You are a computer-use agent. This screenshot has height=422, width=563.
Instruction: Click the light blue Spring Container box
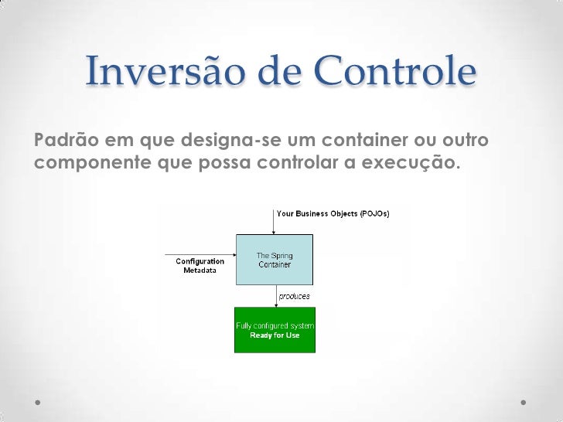[x=274, y=259]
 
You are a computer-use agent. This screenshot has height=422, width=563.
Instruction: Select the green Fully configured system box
[x=275, y=330]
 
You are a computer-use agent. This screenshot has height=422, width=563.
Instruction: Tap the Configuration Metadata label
[x=200, y=266]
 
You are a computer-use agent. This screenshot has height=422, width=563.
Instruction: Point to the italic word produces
[x=294, y=296]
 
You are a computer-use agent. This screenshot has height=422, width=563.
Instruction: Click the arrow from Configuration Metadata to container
[x=200, y=254]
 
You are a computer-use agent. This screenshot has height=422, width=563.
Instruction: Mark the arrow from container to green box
[x=275, y=296]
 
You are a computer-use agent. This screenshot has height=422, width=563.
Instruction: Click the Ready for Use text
[x=275, y=335]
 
